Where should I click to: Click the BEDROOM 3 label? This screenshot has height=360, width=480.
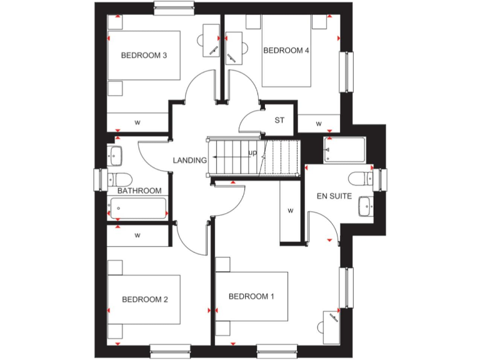143,55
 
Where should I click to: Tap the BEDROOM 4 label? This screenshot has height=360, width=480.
286,50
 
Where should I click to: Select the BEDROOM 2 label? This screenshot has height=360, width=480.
144,299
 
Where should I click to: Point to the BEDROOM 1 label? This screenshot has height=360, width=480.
251,296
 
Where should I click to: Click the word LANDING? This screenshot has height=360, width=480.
190,161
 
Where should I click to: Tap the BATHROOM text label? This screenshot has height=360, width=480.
139,191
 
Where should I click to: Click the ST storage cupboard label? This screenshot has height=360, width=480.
279,120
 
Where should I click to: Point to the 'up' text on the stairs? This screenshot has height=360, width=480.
252,152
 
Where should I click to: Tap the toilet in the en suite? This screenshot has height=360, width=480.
360,179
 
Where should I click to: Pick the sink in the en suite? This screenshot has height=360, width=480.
364,206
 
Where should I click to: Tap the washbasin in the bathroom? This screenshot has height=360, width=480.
115,154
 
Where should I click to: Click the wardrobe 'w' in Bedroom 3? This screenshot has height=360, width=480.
137,121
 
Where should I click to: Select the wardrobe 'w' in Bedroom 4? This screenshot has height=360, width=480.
319,123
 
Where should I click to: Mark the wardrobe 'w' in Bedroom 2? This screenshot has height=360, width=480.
137,235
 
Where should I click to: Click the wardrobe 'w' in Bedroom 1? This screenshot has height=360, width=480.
290,211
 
